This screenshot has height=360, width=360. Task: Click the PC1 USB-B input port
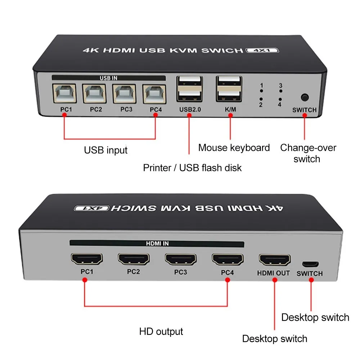click(64, 93)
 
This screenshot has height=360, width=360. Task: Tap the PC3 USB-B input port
click(124, 94)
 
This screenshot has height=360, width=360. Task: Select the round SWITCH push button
click(305, 97)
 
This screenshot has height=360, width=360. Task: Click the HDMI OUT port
click(275, 259)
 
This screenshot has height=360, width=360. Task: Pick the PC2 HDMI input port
click(134, 259)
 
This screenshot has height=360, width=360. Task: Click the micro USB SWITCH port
click(310, 264)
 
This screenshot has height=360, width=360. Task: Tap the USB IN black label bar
click(109, 78)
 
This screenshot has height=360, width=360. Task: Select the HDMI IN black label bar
click(157, 243)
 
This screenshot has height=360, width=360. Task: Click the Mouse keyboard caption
click(234, 148)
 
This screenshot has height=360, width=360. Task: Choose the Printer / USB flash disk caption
click(192, 168)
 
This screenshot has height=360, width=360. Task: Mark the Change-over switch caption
click(308, 153)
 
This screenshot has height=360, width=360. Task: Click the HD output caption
click(161, 332)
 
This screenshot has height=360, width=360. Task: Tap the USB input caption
click(105, 150)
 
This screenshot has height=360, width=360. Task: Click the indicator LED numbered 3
click(281, 91)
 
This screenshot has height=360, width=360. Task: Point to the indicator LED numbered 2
click(261, 99)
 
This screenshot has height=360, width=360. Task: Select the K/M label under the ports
click(230, 109)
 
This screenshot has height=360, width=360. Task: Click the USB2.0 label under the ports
click(190, 109)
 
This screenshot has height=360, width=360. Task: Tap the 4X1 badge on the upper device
click(262, 50)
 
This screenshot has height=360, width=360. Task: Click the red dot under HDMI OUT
click(275, 280)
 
